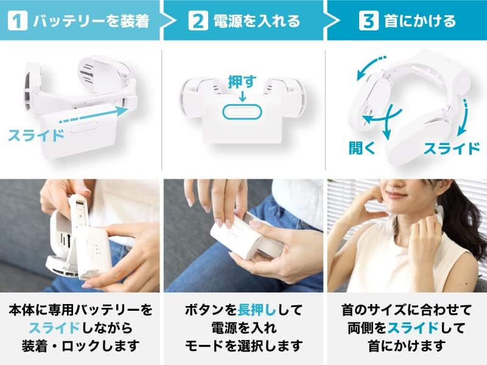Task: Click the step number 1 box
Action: point(18,21)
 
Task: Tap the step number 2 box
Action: point(198,21)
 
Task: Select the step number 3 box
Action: point(369,21)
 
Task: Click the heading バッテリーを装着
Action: point(91,21)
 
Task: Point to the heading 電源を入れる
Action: point(257,21)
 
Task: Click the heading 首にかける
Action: point(420,21)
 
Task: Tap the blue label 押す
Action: point(242,82)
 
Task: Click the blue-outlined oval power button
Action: point(242,112)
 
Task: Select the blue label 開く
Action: point(362,147)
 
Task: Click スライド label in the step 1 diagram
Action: point(36,135)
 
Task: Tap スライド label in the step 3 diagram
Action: point(452,148)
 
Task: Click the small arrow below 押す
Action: point(242,96)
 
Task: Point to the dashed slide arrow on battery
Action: point(93,115)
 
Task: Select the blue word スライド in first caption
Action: point(55,328)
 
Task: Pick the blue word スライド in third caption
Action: point(413,328)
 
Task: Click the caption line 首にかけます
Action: point(407,346)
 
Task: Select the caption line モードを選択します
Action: point(244,346)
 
